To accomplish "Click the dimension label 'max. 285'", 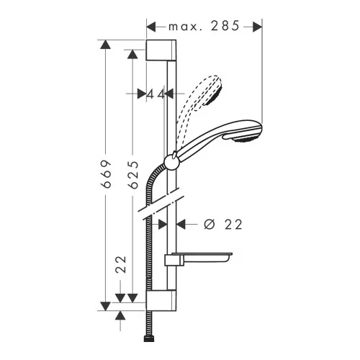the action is [204, 26].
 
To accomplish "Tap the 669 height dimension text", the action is [107, 174].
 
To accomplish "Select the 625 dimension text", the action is [133, 174].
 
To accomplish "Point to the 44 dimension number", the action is [156, 94].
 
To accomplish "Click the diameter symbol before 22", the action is [209, 225].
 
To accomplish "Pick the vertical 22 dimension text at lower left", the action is [121, 264].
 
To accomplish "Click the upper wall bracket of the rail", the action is [161, 50].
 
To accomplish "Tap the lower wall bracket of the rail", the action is [161, 300].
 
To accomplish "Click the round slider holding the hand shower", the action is [171, 162].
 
